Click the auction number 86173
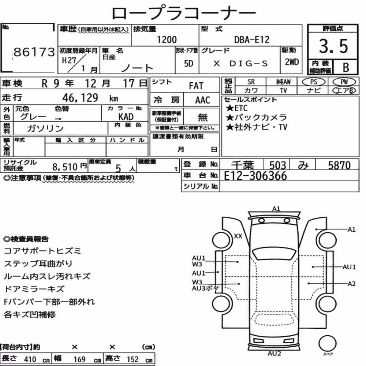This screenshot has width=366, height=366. tap(34, 52)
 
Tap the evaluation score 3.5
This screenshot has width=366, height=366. tap(333, 46)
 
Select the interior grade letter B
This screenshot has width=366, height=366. tap(346, 67)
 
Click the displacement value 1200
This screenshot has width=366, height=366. tap(167, 40)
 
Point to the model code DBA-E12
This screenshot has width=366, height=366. tap(252, 40)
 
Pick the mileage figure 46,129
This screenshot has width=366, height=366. tap(80, 98)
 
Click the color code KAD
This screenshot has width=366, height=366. tap(126, 116)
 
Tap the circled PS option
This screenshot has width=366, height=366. tap(314, 82)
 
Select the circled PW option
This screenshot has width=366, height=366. tap(344, 82)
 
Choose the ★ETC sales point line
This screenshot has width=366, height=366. tap(236, 108)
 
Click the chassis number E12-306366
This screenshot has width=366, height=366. tap(255, 176)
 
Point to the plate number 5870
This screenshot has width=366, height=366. tap(339, 165)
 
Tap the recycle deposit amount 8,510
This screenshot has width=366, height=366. tap(65, 167)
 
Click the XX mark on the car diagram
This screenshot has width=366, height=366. tap(238, 236)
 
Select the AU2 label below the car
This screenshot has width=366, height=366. tap(274, 354)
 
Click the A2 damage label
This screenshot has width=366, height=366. tap(351, 284)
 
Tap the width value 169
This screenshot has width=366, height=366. tap(79, 359)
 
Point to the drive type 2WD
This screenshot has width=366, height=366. tap(292, 62)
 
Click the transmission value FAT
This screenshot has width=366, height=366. tap(196, 86)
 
